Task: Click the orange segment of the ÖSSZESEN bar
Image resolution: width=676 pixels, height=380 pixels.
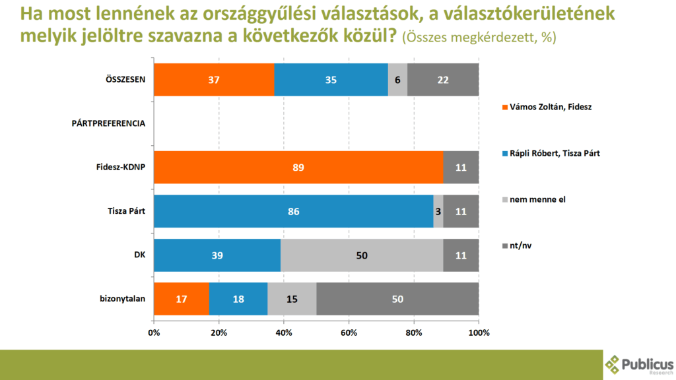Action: tap(214, 79)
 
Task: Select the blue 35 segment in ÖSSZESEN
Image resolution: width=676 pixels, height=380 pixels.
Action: tap(331, 79)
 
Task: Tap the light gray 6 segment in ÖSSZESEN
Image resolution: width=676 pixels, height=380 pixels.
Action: tap(397, 79)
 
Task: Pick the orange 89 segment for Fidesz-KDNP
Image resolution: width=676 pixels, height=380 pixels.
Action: tap(298, 167)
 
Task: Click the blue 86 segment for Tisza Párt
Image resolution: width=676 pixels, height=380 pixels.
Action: tap(293, 211)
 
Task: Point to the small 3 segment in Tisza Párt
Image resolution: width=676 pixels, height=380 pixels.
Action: tap(438, 211)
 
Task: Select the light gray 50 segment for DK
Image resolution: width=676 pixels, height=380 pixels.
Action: tap(362, 255)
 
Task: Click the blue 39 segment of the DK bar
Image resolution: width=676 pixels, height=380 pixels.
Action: tap(217, 255)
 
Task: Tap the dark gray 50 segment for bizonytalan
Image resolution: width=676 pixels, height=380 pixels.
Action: tap(397, 299)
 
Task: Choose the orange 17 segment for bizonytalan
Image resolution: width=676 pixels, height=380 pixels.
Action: tap(182, 299)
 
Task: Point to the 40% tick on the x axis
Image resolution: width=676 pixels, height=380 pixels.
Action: tap(283, 332)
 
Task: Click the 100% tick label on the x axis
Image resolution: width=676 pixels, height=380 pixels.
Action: tap(479, 332)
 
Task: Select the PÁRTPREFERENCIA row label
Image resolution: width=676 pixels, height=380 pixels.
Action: tap(108, 123)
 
